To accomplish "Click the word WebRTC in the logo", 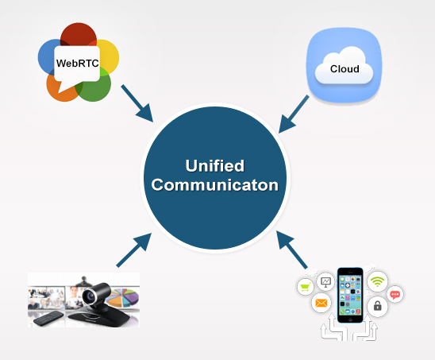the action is click(x=78, y=64).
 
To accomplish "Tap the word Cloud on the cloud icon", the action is click(x=345, y=69).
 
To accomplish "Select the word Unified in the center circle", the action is click(x=215, y=166).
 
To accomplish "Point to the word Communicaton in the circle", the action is click(x=215, y=185).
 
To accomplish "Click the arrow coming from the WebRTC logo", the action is click(x=137, y=103).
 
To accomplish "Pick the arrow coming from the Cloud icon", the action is click(x=294, y=114).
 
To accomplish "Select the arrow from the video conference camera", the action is click(x=134, y=250).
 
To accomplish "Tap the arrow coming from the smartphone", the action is click(x=291, y=250).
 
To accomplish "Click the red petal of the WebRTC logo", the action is click(x=79, y=34).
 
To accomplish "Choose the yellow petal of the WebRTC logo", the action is click(x=109, y=56).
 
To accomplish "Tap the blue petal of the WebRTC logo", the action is click(x=47, y=57).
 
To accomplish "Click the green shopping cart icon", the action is click(x=305, y=287).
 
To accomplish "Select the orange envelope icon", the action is click(x=321, y=303).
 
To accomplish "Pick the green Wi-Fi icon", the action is click(x=377, y=281).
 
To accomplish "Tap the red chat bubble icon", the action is click(x=395, y=295).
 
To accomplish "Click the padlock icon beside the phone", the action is click(x=377, y=306).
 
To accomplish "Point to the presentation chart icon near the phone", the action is click(x=325, y=282).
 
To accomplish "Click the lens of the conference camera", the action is click(x=90, y=297).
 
